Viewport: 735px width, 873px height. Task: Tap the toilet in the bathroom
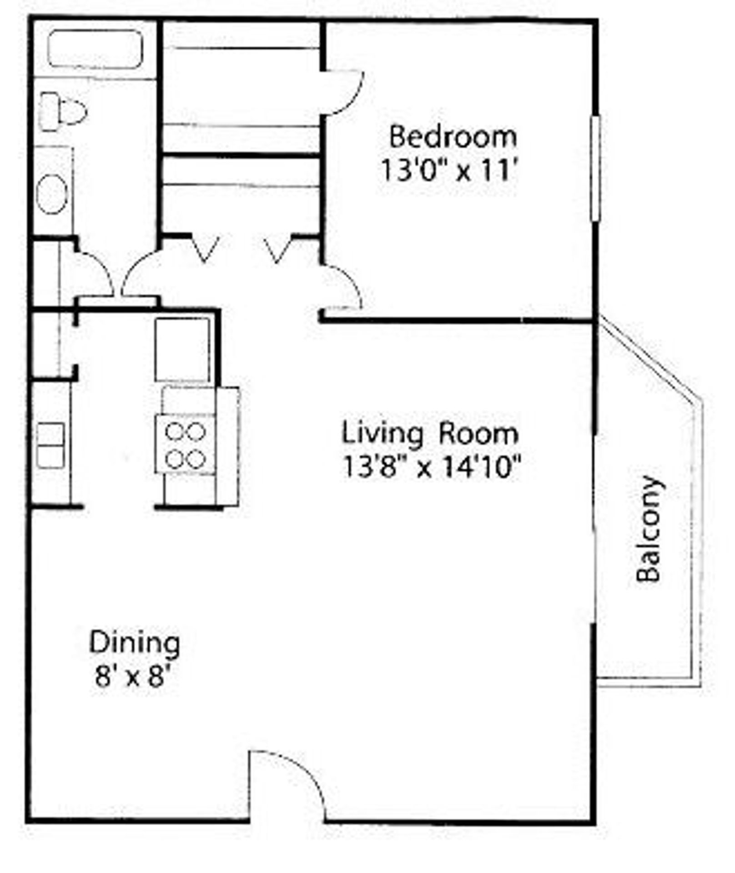[x=64, y=111]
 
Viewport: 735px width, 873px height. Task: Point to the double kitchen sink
[x=50, y=445]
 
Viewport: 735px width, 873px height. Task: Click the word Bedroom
[x=453, y=137]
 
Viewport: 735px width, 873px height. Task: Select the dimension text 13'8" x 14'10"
[x=431, y=467]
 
